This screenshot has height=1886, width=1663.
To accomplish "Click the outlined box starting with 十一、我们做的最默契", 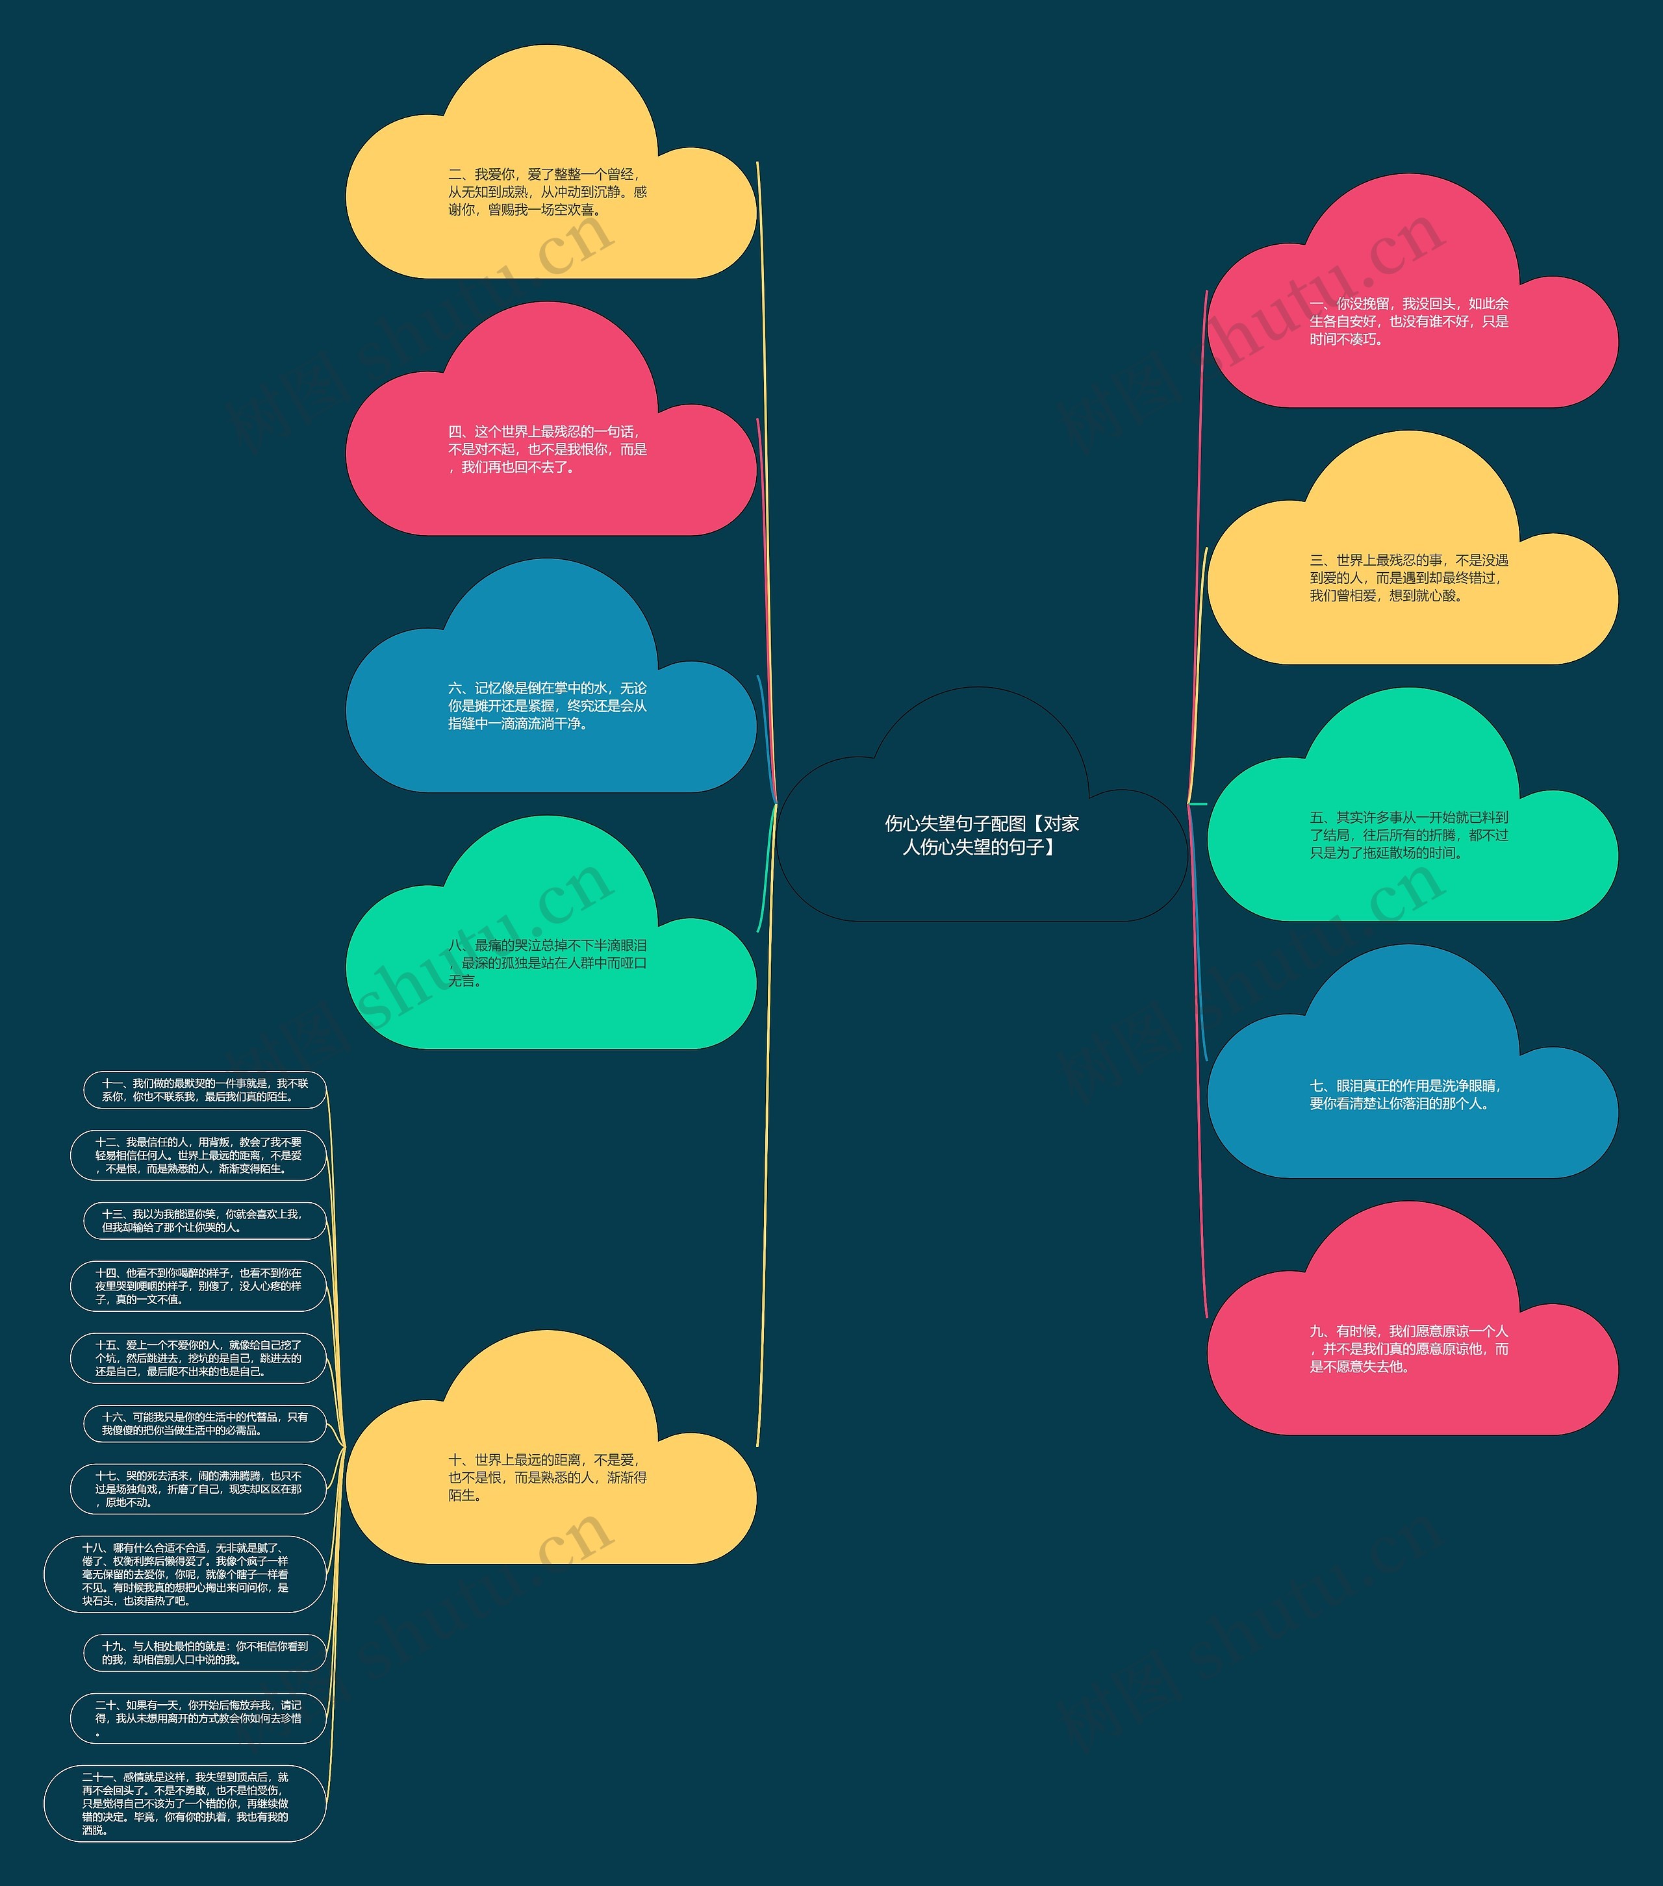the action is tap(205, 1090).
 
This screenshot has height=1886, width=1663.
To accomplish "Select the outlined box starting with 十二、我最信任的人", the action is tap(198, 1155).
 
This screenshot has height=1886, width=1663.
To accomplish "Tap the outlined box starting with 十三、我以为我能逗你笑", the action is tap(205, 1221).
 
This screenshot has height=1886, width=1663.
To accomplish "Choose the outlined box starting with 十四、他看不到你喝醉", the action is tap(198, 1287).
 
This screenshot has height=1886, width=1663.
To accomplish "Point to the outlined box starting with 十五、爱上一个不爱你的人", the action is tap(198, 1358).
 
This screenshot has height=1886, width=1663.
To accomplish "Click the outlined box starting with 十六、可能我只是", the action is tap(205, 1424).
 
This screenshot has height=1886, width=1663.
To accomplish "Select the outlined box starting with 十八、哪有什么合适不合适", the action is tap(186, 1574).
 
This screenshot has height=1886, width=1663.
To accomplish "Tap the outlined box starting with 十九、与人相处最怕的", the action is tap(205, 1653).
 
